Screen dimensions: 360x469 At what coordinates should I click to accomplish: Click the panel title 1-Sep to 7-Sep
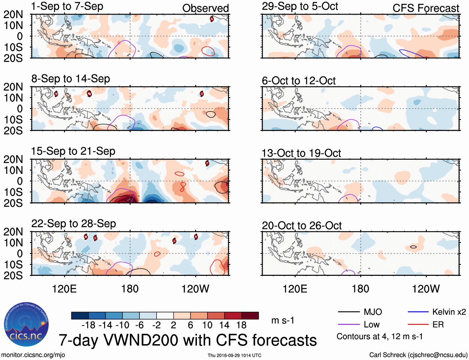click(67, 7)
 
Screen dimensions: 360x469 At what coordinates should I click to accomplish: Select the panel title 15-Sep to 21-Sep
click(73, 151)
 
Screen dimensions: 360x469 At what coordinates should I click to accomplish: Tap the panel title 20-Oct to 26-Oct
click(302, 226)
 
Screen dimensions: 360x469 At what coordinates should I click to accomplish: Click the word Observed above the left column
click(205, 8)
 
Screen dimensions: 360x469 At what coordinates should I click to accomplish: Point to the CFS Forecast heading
click(426, 8)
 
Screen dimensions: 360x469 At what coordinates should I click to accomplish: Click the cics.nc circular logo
click(26, 325)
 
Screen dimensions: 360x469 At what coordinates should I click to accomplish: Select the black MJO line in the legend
click(348, 312)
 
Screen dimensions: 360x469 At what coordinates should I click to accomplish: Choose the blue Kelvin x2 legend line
click(418, 312)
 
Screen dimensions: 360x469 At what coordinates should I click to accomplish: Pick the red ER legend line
click(418, 325)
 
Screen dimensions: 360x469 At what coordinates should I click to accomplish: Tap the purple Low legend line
click(348, 325)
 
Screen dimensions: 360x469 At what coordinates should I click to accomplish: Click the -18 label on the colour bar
click(88, 325)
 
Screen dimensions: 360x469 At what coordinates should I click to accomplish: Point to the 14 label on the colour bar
click(224, 325)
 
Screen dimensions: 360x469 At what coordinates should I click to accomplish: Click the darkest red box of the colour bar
click(250, 316)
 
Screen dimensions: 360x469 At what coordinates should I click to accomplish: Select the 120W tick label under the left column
click(195, 289)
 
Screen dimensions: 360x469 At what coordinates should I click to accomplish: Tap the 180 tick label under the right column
click(360, 289)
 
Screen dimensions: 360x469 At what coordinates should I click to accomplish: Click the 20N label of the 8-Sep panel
click(13, 87)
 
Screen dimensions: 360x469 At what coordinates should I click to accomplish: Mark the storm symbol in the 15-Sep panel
click(207, 163)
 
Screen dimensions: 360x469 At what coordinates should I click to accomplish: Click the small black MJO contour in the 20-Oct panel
click(413, 247)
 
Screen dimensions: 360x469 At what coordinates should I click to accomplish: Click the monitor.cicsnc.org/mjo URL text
click(33, 355)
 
